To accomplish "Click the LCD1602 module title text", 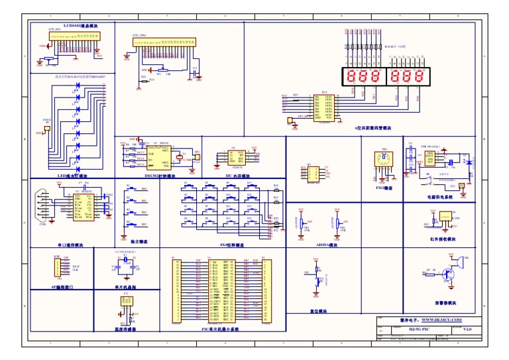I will tap(75, 25).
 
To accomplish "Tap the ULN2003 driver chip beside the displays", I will tap(324, 107).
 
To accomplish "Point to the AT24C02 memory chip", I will tap(236, 156).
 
